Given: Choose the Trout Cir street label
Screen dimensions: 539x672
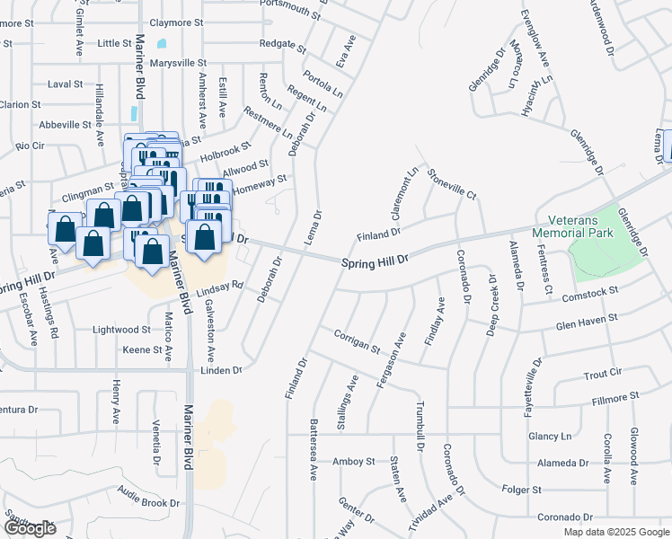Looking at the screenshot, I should (x=603, y=373).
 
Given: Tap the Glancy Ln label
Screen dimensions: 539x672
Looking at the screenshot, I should (x=550, y=437).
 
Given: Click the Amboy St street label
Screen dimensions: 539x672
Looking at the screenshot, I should (x=353, y=462).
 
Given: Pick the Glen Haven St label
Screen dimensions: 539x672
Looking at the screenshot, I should (x=587, y=319).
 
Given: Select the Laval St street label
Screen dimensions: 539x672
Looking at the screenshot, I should (x=65, y=84).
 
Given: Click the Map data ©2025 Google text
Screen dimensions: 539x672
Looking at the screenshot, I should (x=616, y=532).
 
